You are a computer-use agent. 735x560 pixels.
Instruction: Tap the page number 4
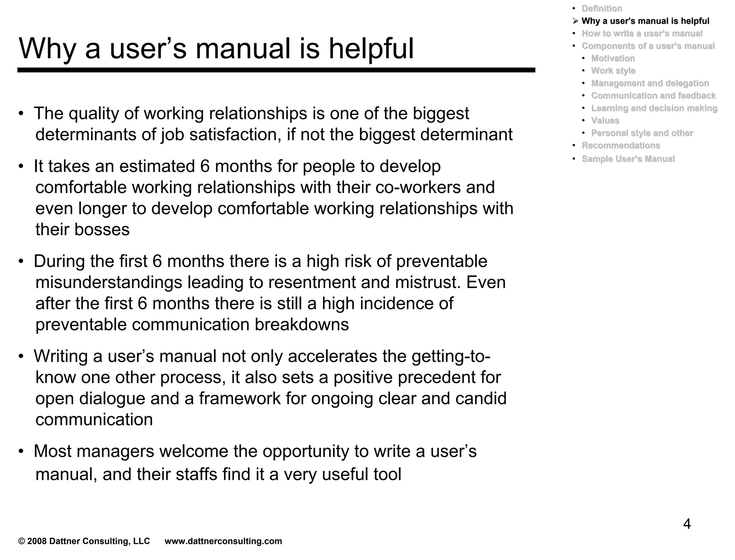(687, 524)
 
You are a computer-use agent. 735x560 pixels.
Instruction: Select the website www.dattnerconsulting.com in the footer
(223, 541)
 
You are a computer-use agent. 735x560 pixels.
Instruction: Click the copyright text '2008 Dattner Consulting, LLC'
(88, 541)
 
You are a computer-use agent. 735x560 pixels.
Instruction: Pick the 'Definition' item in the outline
(601, 9)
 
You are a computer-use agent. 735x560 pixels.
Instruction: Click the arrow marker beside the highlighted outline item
(575, 21)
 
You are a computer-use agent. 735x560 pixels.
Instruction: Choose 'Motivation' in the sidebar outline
(613, 58)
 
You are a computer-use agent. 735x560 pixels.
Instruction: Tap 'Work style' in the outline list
(613, 71)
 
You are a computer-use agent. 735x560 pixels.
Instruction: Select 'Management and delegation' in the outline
(650, 83)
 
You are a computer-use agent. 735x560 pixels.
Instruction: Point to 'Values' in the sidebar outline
(605, 121)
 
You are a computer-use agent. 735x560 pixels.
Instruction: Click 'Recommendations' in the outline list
(621, 145)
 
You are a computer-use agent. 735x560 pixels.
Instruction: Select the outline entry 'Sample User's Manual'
(628, 159)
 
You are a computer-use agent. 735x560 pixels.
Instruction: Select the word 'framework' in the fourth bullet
(239, 398)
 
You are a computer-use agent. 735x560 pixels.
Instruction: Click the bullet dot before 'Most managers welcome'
(22, 452)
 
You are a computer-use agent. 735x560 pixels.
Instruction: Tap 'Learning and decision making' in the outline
(654, 108)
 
